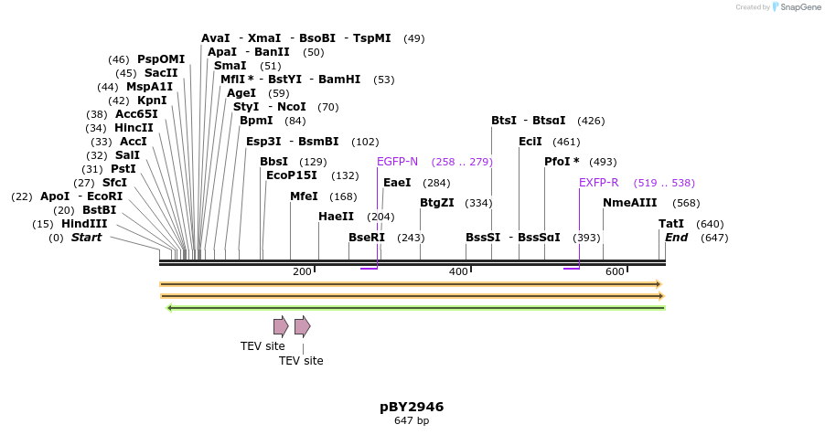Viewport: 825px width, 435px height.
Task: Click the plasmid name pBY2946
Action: (412, 407)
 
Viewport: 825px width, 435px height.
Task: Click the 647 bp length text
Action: (412, 421)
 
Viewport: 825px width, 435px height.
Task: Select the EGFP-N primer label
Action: (397, 162)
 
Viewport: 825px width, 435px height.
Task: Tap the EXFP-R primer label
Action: (598, 183)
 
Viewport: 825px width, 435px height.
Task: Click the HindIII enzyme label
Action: (84, 224)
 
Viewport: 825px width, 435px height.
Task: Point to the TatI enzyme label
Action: (670, 224)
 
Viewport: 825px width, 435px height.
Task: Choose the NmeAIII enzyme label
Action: (629, 203)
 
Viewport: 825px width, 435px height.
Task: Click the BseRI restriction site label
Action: (367, 238)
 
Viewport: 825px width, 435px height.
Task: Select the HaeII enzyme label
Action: (336, 217)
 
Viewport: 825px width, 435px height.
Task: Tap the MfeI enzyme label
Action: (304, 196)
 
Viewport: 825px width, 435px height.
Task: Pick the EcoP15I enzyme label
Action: (291, 175)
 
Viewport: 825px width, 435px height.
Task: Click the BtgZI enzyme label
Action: (436, 203)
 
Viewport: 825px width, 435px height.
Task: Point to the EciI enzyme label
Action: (530, 142)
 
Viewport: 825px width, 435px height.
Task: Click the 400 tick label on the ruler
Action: (458, 271)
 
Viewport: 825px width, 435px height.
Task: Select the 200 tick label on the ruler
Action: (302, 271)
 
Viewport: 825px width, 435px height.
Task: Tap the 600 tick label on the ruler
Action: (615, 271)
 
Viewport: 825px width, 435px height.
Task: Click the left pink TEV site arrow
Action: (281, 326)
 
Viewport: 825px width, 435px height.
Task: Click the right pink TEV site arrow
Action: (302, 326)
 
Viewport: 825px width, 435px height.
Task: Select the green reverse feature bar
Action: (415, 308)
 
